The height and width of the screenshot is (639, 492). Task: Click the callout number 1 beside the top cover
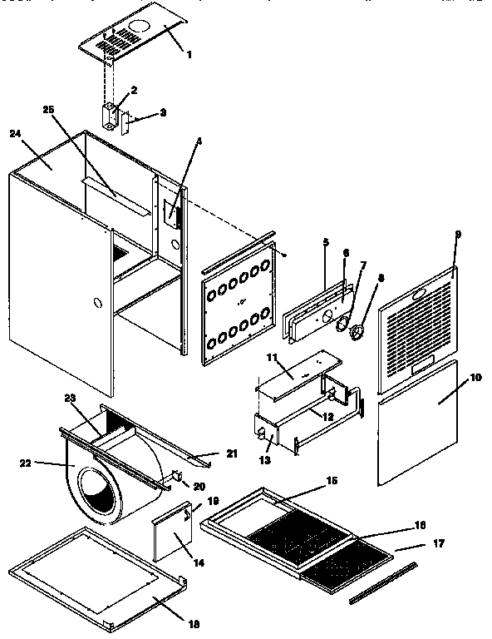pos(189,55)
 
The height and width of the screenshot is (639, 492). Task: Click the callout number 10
pos(475,377)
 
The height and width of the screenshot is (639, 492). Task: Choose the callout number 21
pos(232,453)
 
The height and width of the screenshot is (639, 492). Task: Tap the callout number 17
pos(439,543)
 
